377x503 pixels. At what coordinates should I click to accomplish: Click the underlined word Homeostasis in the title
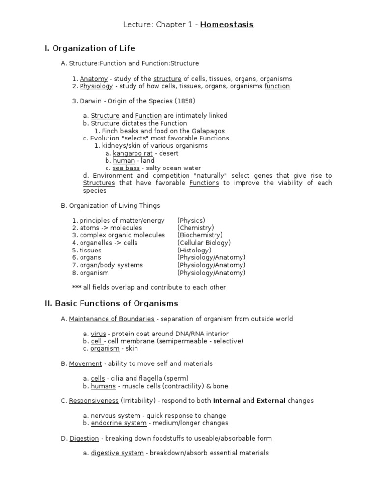click(227, 24)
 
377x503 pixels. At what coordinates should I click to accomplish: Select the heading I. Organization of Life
click(90, 48)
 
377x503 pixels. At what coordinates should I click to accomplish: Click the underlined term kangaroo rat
click(133, 153)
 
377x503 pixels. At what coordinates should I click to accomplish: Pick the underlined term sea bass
click(126, 168)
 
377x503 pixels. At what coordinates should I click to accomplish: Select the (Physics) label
click(191, 221)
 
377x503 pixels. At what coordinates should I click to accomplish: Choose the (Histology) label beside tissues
click(194, 250)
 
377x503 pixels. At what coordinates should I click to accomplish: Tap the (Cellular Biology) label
click(204, 243)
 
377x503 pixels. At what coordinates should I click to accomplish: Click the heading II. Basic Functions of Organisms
click(111, 303)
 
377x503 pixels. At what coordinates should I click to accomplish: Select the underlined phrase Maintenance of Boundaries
click(111, 319)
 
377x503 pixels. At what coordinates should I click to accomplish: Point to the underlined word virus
click(98, 334)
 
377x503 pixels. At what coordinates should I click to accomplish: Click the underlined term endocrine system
click(118, 423)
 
